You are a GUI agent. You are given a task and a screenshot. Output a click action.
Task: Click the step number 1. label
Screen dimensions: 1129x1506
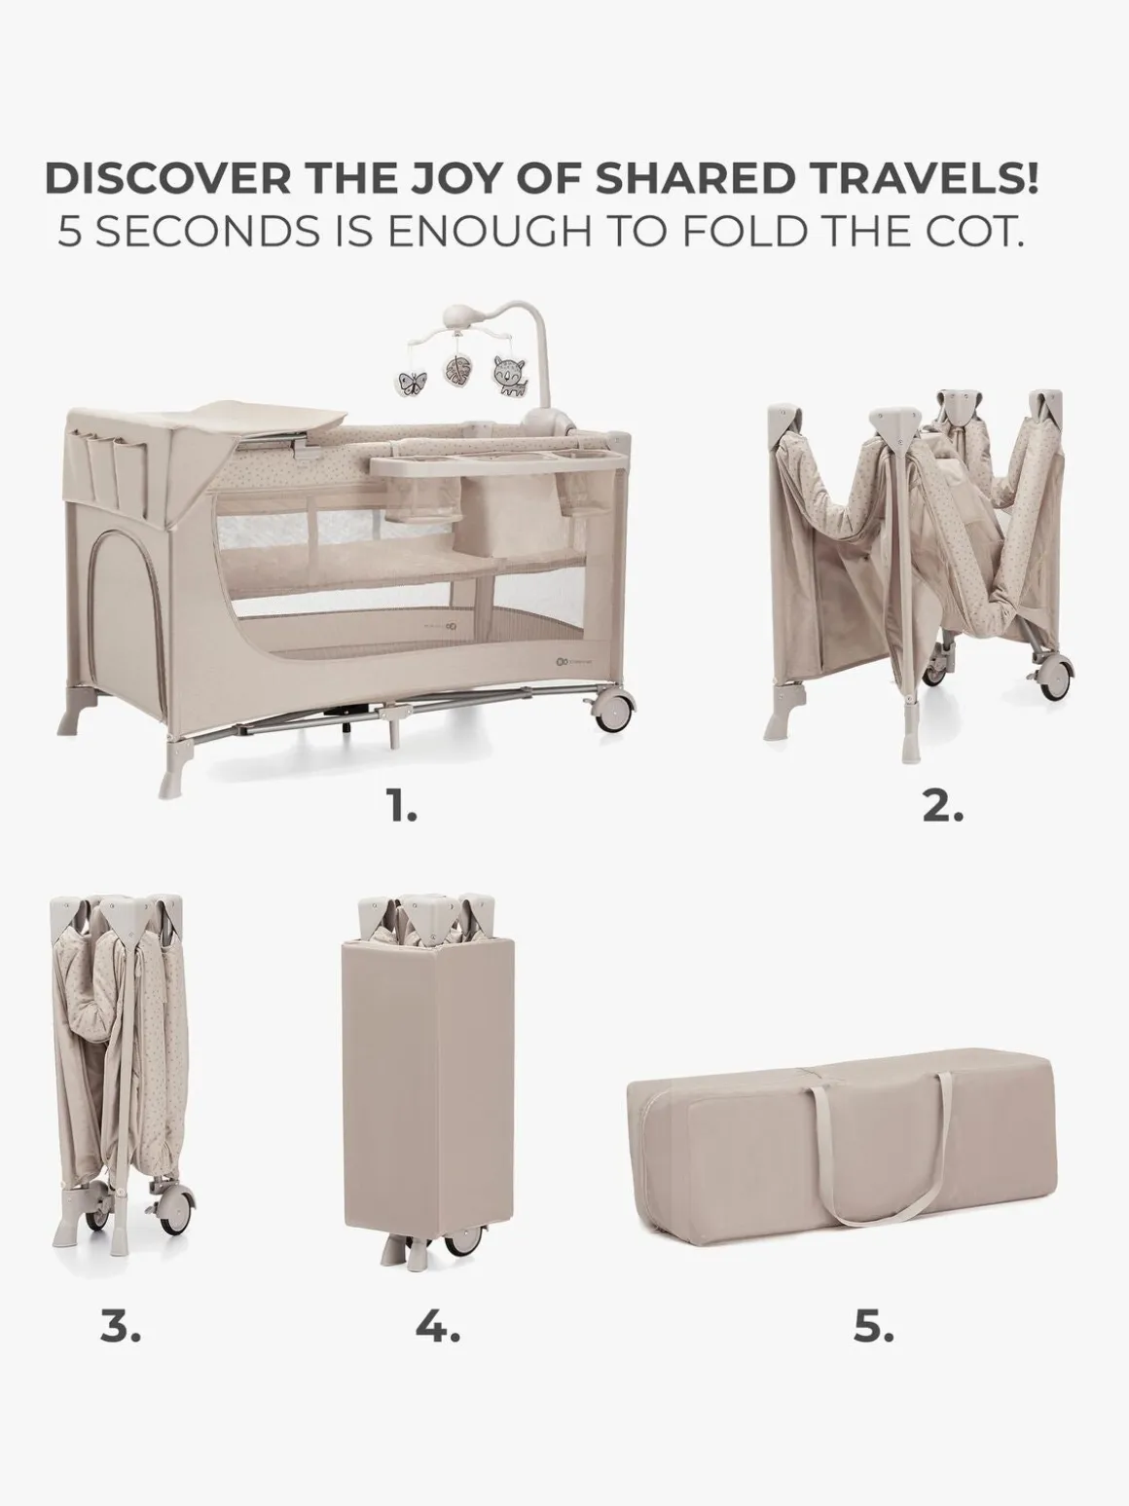(402, 808)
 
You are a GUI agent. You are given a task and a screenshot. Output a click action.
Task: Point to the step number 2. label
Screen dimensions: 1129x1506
(942, 808)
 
